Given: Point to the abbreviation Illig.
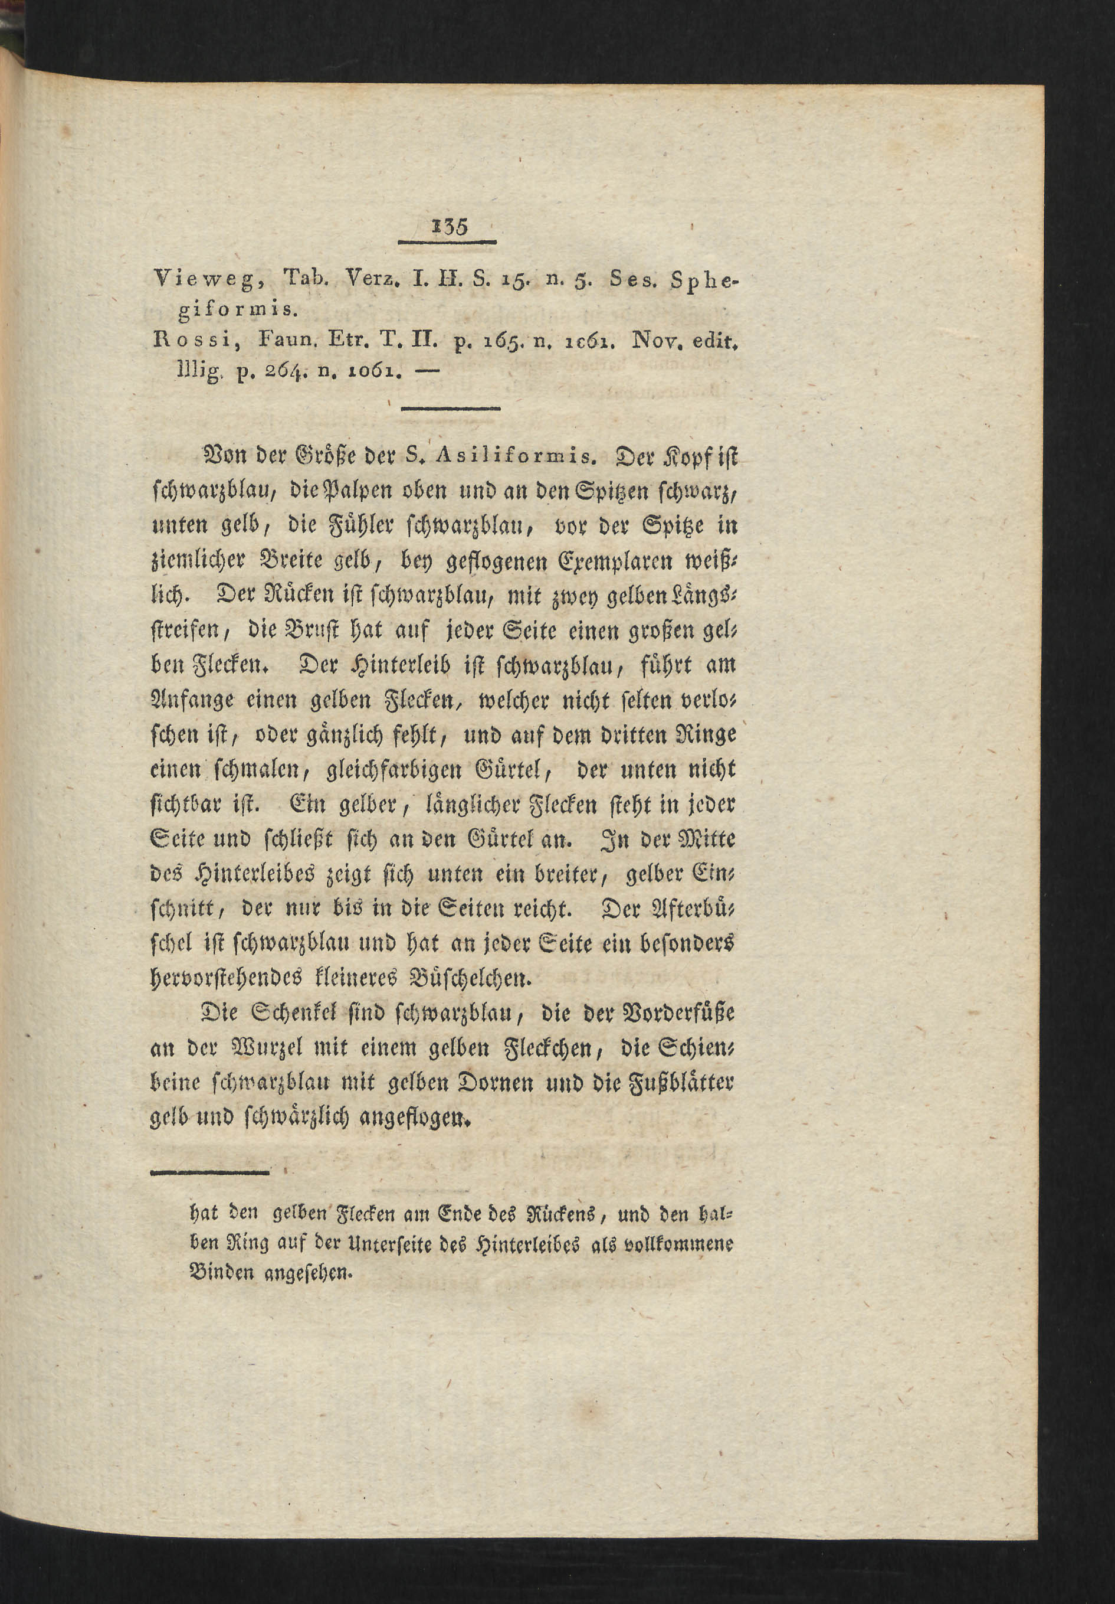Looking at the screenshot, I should click(201, 373).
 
